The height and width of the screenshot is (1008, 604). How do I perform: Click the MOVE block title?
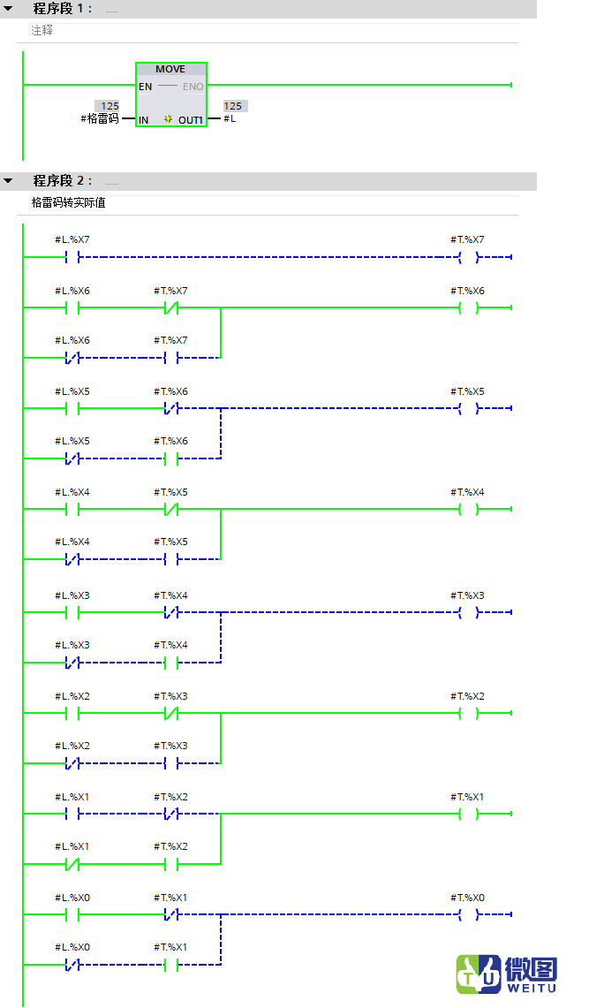click(170, 69)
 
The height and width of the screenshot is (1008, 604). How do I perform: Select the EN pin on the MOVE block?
click(145, 87)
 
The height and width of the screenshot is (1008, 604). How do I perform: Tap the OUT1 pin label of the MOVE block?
click(190, 120)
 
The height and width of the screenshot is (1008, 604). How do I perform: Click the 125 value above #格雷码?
click(109, 106)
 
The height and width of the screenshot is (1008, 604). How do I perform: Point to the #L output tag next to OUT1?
click(230, 119)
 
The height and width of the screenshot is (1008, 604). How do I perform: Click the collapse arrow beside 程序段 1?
click(8, 9)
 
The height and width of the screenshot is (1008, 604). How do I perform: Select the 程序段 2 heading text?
click(63, 180)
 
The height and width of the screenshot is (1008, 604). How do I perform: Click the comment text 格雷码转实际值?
click(69, 202)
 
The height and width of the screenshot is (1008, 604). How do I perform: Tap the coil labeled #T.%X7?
click(468, 258)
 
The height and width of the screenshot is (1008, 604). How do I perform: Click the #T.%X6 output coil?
click(468, 308)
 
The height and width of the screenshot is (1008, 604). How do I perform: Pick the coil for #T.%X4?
click(468, 509)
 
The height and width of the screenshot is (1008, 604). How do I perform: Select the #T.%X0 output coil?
click(468, 914)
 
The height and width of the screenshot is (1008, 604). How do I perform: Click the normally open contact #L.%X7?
click(72, 258)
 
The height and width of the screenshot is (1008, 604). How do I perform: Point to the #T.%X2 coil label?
click(467, 696)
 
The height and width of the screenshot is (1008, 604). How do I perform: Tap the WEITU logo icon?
click(478, 974)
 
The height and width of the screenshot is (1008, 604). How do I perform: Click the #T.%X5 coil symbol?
click(468, 408)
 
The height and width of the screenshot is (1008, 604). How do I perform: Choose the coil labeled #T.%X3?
click(468, 612)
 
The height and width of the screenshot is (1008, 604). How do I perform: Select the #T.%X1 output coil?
click(468, 814)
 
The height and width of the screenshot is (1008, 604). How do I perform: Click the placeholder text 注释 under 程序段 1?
click(42, 30)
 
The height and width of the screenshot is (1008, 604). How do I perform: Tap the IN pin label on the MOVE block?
click(143, 120)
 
